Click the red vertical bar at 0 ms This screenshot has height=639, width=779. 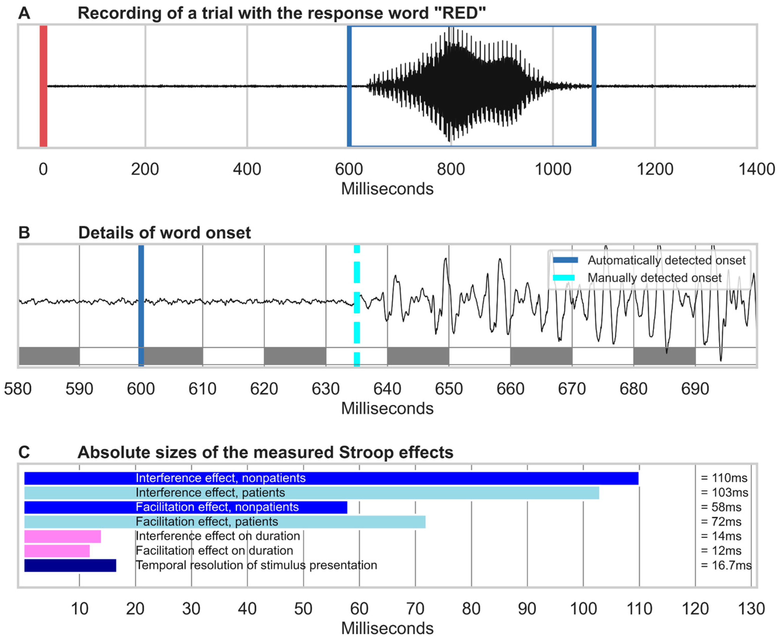44,86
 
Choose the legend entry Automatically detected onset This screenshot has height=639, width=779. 666,260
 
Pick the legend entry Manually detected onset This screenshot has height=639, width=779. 654,278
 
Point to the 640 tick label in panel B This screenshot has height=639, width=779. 387,389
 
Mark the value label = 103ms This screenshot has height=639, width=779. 724,493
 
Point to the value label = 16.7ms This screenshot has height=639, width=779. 726,565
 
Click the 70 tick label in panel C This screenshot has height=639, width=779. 415,609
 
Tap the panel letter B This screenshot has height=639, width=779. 24,233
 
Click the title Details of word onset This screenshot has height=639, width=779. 165,233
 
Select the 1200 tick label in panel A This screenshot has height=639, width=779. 655,170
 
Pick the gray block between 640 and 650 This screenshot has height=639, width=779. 418,356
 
